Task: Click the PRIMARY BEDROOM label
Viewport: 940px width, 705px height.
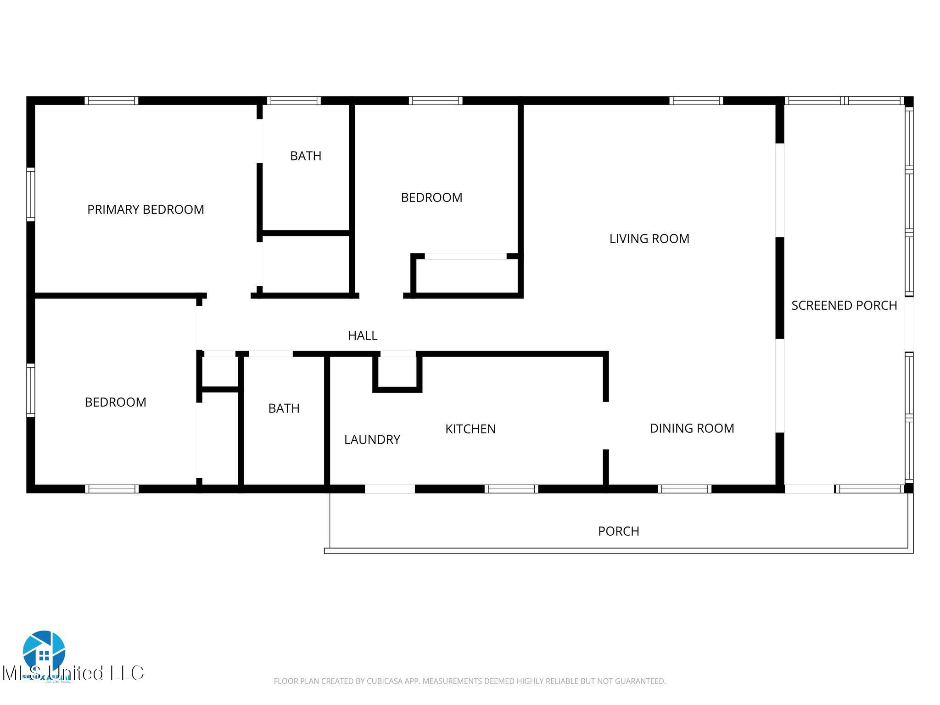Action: tap(145, 210)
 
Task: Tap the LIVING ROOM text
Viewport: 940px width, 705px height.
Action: tap(649, 239)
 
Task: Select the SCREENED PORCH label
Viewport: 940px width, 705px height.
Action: tap(844, 306)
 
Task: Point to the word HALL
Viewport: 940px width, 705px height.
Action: tap(363, 336)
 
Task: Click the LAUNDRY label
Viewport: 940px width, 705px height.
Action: tap(372, 440)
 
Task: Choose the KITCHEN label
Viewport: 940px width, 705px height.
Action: tap(470, 429)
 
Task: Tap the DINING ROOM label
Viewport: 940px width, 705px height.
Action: tap(692, 428)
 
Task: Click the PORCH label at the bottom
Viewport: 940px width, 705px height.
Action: tap(618, 531)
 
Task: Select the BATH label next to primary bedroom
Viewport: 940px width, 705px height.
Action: tap(306, 156)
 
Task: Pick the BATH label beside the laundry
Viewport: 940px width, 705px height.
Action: tap(284, 408)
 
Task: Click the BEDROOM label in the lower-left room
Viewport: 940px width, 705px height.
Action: tap(115, 402)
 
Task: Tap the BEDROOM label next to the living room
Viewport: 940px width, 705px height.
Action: tap(431, 197)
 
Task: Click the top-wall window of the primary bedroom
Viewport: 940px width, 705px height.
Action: tap(112, 101)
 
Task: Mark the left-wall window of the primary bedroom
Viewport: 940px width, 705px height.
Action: tap(31, 194)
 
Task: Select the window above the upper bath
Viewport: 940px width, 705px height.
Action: tap(294, 101)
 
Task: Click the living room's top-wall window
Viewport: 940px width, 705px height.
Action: tap(696, 101)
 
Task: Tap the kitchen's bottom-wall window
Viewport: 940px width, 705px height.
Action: tap(511, 489)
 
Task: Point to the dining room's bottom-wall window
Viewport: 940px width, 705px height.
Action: tap(684, 489)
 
